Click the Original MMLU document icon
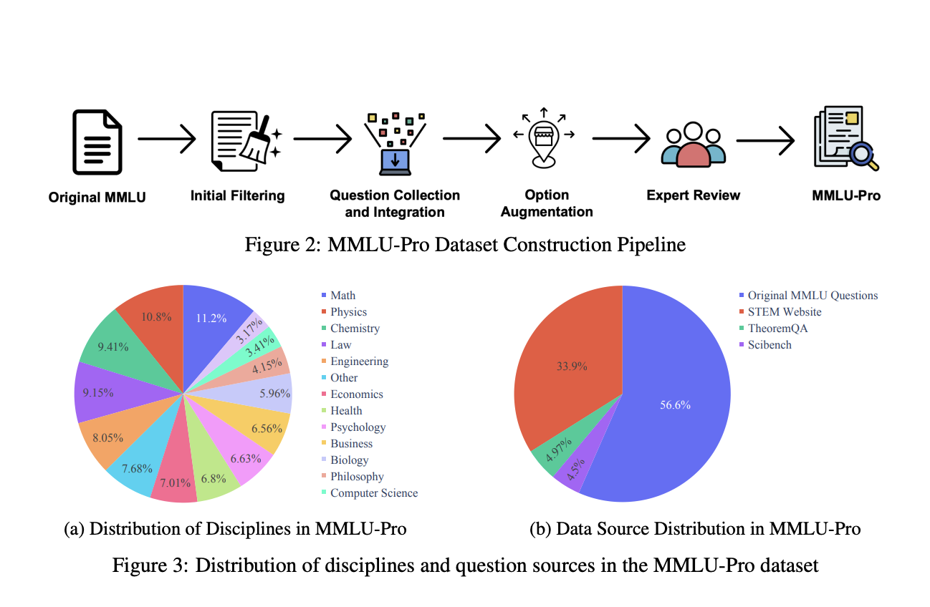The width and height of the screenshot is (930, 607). click(x=97, y=143)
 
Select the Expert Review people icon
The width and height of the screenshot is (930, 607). click(x=693, y=145)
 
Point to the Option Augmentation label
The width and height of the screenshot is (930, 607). click(x=546, y=203)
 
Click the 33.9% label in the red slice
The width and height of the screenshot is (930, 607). click(x=572, y=366)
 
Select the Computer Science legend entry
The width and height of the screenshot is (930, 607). click(x=373, y=492)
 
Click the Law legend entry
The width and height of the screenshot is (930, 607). click(x=340, y=344)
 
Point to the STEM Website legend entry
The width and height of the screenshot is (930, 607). click(x=784, y=311)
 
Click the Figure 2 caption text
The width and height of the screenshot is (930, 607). click(x=465, y=245)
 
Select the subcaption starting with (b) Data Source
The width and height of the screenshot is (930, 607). click(x=694, y=529)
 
